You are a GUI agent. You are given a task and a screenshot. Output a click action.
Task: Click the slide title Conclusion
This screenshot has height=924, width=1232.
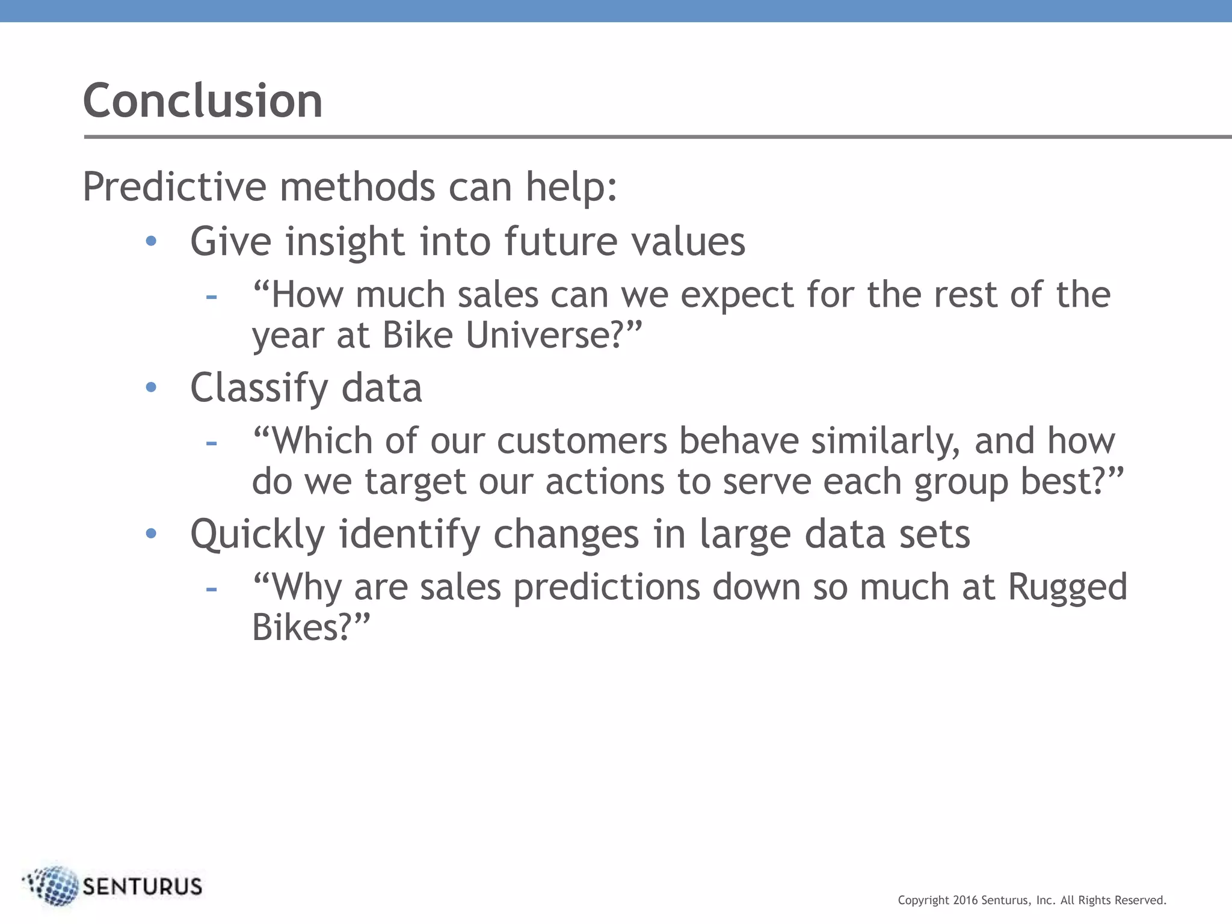pos(203,100)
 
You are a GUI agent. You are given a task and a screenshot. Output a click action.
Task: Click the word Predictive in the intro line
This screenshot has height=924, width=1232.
pos(174,187)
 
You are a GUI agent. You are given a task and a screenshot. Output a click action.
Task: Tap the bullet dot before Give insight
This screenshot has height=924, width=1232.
pos(151,241)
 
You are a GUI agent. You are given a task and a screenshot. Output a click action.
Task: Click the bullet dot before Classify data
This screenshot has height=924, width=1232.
pos(151,387)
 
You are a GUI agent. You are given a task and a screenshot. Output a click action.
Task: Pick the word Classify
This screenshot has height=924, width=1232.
pos(259,388)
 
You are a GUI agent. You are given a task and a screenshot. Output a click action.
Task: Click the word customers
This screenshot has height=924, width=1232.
pos(582,441)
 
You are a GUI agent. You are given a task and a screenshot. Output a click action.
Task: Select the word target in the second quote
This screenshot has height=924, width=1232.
pos(415,482)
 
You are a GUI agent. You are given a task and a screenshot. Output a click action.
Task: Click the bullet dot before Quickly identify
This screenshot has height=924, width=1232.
pos(151,534)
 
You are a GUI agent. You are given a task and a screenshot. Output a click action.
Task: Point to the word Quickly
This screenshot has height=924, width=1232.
pos(257,534)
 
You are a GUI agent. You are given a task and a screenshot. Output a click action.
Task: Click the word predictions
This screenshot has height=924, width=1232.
pos(606,587)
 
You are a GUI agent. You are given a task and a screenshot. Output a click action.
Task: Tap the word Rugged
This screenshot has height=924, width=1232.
pos(1067,587)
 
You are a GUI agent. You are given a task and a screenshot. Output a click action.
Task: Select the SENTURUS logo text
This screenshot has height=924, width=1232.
pos(142,887)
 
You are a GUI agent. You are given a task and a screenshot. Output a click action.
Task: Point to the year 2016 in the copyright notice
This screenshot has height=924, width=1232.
pos(966,901)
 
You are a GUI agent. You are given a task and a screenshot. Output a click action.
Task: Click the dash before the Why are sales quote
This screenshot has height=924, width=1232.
pos(211,588)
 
